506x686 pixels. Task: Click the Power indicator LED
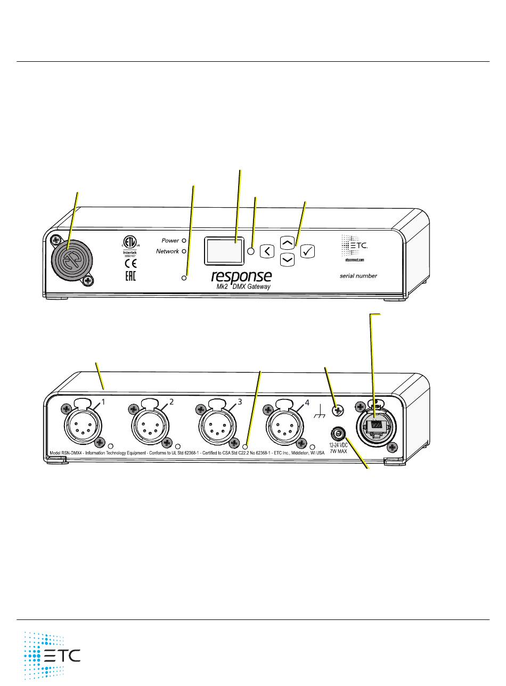184,241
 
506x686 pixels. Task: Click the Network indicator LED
184,251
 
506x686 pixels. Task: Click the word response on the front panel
241,276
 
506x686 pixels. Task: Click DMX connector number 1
79,425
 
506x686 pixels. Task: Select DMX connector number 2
147,425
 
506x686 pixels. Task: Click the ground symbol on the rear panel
320,411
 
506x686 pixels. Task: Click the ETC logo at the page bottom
52,655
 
